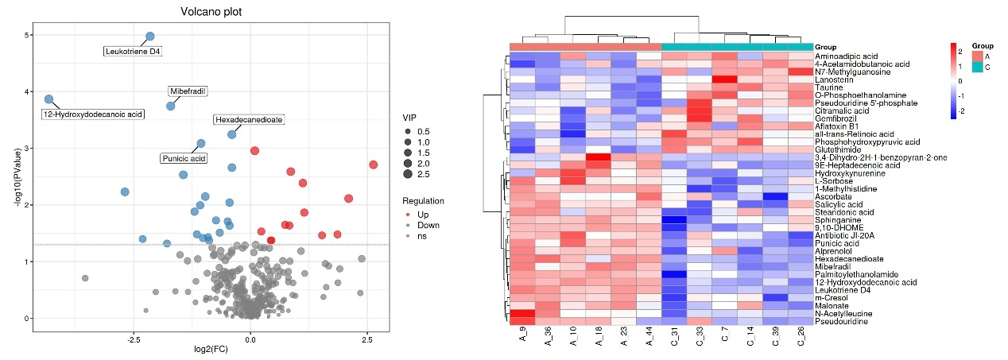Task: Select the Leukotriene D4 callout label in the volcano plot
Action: (x=133, y=52)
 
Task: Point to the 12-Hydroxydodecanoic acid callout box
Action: (x=92, y=114)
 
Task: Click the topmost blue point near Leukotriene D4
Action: (x=149, y=37)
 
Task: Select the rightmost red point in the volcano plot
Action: (x=373, y=165)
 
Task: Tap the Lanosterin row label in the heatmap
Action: (x=835, y=79)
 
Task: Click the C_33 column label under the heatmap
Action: (x=700, y=340)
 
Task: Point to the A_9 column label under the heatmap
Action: (x=523, y=340)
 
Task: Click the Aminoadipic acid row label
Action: (x=846, y=56)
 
